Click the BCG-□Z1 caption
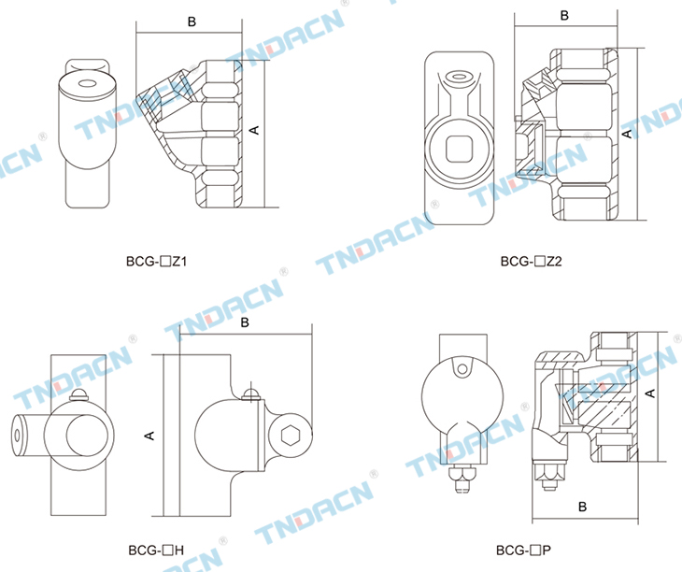[x=156, y=262]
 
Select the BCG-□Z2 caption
[x=531, y=262]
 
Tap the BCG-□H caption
[x=156, y=551]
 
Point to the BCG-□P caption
[x=524, y=551]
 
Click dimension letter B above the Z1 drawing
[x=192, y=21]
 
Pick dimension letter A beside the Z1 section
[x=254, y=130]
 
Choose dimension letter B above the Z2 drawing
[x=564, y=16]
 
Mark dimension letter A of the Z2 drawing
[x=627, y=134]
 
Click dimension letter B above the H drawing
[x=245, y=322]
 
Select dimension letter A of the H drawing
[x=149, y=436]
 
